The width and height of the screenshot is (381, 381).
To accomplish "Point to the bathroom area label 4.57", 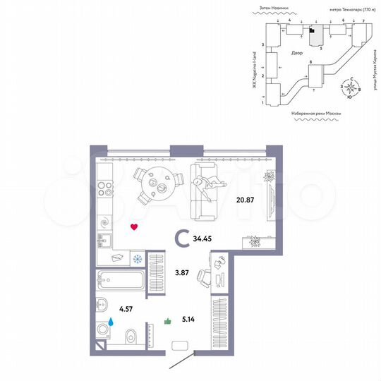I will [127, 307].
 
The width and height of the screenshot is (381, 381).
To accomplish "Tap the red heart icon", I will [135, 227].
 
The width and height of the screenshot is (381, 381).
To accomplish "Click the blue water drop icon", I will [111, 321].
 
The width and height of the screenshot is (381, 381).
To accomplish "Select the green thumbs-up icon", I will [168, 321].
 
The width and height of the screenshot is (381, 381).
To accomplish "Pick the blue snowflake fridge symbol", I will [137, 258].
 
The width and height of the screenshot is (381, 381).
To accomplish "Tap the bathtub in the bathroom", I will [121, 281].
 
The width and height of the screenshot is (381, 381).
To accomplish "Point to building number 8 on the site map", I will [310, 63].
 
